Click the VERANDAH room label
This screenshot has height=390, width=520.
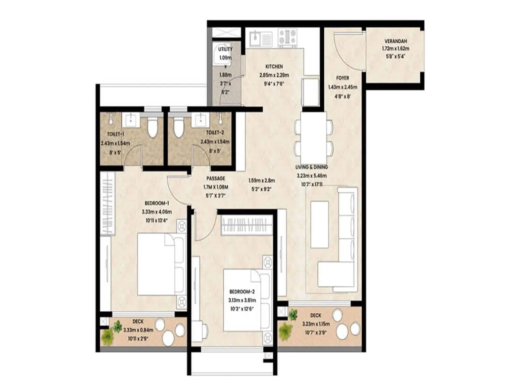pos(396,41)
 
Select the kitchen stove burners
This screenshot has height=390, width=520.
pos(288,37)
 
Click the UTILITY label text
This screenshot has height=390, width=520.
pos(225,49)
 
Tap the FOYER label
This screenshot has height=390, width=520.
pos(343,78)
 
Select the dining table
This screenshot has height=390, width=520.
pos(314,135)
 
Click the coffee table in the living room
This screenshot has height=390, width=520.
pos(319,224)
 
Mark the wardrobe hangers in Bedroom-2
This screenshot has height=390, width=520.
pos(247,225)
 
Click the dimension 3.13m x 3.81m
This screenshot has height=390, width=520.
pos(242,300)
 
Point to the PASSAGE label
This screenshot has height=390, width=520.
pos(215,178)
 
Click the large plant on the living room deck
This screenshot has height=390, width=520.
pos(285,331)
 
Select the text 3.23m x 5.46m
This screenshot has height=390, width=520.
pos(312,175)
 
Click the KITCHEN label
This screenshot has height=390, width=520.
pos(274,66)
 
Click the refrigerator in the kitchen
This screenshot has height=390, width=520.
pos(310,92)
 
